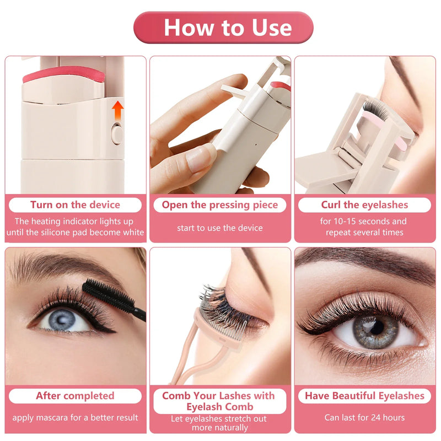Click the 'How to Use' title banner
pos(223,28)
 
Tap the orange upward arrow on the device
pos(117,110)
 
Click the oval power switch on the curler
pos(116,133)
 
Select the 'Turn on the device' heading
pos(75,205)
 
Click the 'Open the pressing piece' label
pos(220,205)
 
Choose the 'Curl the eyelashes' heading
pos(364,205)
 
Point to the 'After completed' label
pos(75,396)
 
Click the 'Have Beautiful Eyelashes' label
pos(364,396)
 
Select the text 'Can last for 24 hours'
pos(364,417)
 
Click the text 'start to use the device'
pos(220,228)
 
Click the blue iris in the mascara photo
pos(64,319)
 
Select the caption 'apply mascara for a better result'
pos(75,417)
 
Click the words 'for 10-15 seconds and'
pos(364,222)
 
